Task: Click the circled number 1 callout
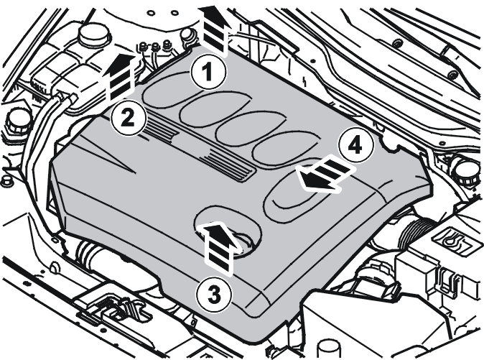pos(208,73)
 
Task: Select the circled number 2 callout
pos(128,118)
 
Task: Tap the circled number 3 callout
pos(214,294)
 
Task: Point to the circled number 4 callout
pos(355,144)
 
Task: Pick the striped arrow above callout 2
pos(121,77)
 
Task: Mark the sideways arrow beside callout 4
pos(325,173)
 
